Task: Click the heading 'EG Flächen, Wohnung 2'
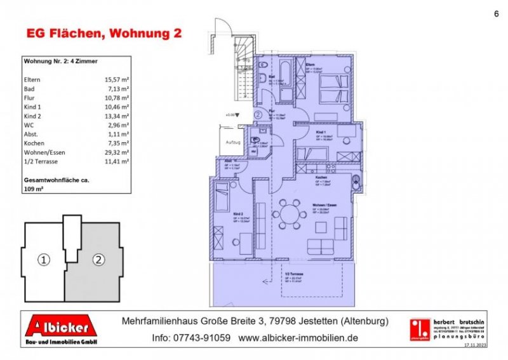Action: pyautogui.click(x=102, y=33)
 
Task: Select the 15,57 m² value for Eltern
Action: pyautogui.click(x=117, y=80)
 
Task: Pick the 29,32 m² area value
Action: pyautogui.click(x=117, y=152)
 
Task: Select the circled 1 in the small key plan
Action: pyautogui.click(x=43, y=260)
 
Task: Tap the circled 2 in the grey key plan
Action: pyautogui.click(x=98, y=260)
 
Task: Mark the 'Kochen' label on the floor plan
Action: pyautogui.click(x=319, y=177)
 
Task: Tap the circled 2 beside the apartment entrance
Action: pyautogui.click(x=258, y=115)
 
